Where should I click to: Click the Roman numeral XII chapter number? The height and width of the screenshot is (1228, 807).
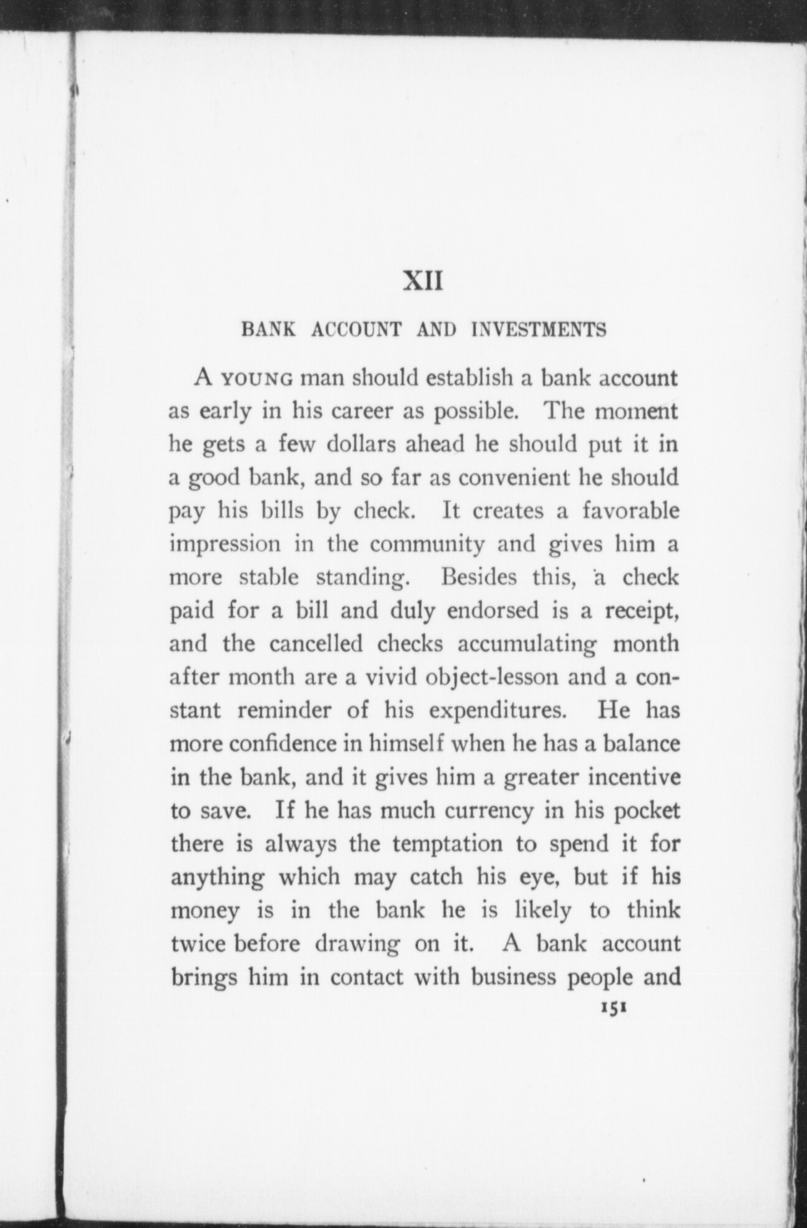tap(423, 282)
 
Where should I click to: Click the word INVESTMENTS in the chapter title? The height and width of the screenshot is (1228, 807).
tap(538, 329)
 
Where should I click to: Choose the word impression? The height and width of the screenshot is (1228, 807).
tap(225, 545)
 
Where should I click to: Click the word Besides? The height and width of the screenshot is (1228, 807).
tap(478, 577)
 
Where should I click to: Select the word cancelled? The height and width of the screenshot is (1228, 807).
tap(316, 644)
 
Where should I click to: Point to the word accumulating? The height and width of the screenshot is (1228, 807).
tap(527, 644)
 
